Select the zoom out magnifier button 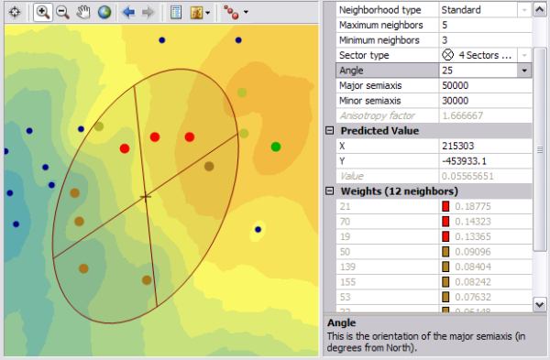click(62, 13)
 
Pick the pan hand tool click(83, 13)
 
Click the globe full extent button click(104, 13)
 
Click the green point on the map click(275, 147)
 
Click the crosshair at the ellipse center click(145, 197)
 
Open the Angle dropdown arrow click(523, 71)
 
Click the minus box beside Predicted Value click(331, 131)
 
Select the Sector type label click(366, 55)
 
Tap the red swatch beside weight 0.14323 click(446, 222)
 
